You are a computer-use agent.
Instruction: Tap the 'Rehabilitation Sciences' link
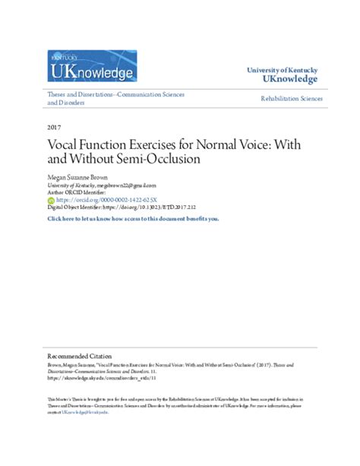point(292,99)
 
